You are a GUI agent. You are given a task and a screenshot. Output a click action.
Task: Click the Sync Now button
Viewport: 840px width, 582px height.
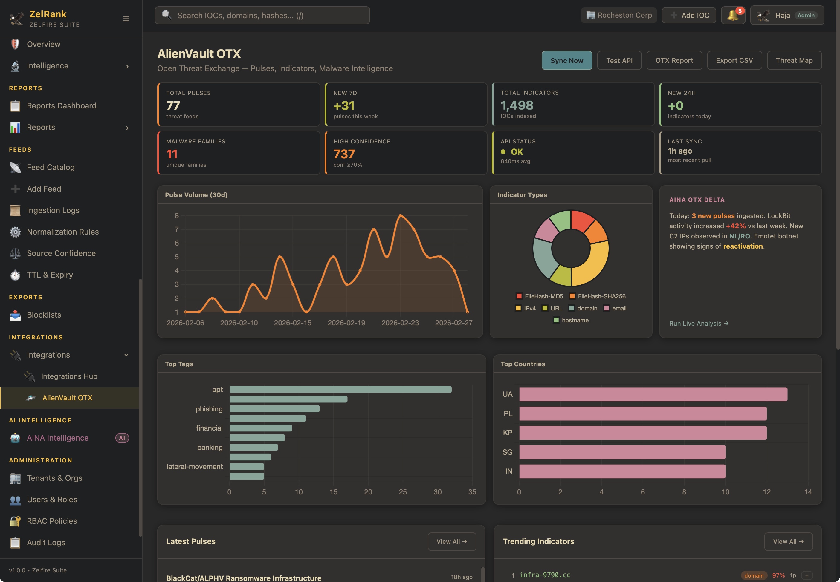[x=566, y=61]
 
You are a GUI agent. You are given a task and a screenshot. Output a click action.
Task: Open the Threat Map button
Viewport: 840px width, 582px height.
[x=794, y=61]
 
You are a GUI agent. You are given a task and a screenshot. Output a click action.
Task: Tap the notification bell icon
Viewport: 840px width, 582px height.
[x=732, y=15]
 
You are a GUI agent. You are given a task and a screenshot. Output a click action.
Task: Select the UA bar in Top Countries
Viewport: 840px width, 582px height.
[x=653, y=394]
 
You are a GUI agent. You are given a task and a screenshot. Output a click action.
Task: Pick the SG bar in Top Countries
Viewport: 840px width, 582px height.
[x=622, y=452]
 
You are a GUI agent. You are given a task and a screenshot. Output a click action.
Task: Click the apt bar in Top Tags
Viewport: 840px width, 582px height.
[x=340, y=390]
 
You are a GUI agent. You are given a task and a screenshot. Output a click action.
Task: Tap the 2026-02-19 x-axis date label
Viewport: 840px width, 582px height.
[x=346, y=323]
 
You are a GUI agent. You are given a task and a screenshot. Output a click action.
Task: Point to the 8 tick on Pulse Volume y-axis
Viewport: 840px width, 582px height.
[x=177, y=215]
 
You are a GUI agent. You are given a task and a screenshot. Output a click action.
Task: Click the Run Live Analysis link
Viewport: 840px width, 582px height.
[x=698, y=324]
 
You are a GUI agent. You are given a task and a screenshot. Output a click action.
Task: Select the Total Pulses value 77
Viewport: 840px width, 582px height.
[x=173, y=106]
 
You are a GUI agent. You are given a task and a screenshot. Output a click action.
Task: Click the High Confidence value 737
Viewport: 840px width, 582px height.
[x=344, y=154]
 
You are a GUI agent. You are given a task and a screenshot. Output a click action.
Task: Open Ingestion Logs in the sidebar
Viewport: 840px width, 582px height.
[x=53, y=210]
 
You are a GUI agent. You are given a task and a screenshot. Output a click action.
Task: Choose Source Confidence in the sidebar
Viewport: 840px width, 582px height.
[x=61, y=253]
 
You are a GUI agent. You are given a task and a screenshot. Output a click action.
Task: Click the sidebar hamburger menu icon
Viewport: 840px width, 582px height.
[x=126, y=19]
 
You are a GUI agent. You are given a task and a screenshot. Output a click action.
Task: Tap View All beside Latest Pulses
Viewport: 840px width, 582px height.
[x=451, y=542]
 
